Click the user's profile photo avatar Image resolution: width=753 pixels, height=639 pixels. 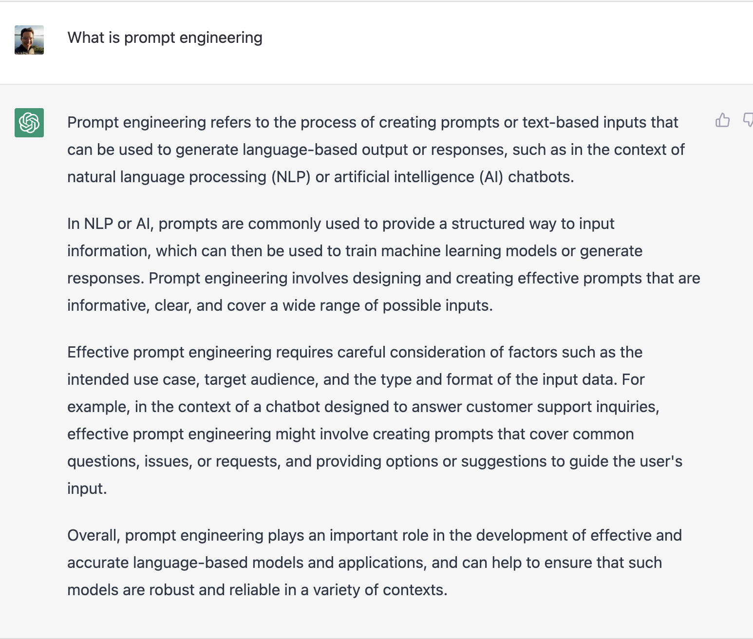[29, 40]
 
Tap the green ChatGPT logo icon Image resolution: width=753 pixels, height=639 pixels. [29, 123]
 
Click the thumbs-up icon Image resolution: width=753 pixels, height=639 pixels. [722, 120]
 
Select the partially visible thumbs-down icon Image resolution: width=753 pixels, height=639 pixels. [748, 120]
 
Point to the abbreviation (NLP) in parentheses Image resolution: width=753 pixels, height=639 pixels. [291, 177]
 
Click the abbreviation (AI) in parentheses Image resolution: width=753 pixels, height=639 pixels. [491, 177]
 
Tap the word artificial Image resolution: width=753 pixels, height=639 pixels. [361, 177]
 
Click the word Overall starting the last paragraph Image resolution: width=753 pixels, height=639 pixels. [94, 535]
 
